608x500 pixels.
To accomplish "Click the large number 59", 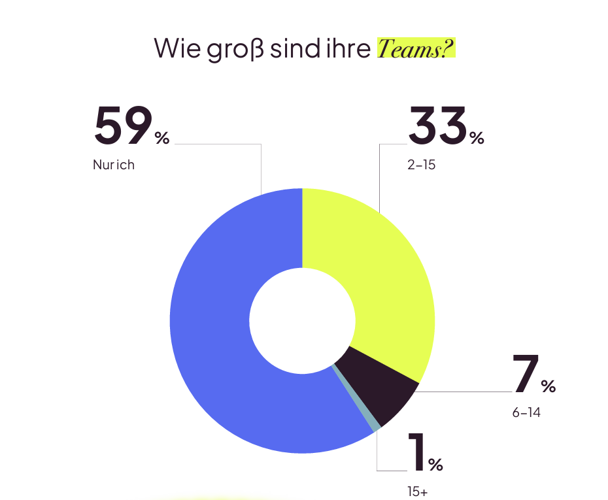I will [123, 125].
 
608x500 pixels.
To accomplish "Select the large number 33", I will [437, 125].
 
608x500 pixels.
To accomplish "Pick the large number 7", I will [526, 375].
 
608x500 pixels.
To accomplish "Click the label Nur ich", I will [114, 165].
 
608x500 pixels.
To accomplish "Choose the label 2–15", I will [421, 165].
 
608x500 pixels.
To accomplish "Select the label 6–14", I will [526, 413].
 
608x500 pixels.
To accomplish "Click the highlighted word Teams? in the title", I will [416, 48].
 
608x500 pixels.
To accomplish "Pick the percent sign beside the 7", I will [548, 386].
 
